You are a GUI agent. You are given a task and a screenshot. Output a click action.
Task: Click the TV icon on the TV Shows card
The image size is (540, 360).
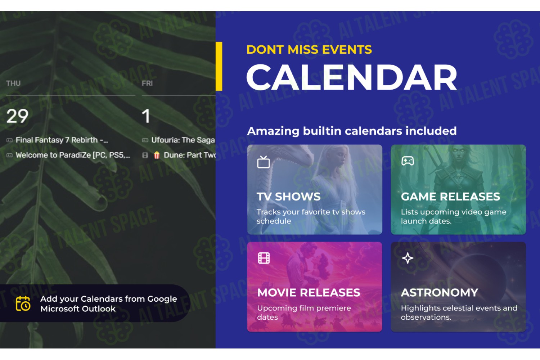[x=263, y=162]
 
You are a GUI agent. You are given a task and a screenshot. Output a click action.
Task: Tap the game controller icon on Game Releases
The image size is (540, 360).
[x=408, y=161]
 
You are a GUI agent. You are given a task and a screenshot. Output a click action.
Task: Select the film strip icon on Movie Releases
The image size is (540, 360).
[x=264, y=258]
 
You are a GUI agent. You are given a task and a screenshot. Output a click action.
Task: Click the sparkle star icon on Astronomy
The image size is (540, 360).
[x=408, y=258]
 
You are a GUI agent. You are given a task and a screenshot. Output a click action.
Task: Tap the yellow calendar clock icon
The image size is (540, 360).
[x=23, y=303]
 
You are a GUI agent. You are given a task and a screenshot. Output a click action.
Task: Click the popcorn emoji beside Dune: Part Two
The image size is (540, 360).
[x=157, y=155]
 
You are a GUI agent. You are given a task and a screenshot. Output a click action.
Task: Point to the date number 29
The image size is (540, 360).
[x=17, y=116]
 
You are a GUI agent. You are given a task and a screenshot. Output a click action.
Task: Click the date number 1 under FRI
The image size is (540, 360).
[x=146, y=116]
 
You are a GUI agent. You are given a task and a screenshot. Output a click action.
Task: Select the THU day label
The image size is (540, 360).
[x=13, y=84]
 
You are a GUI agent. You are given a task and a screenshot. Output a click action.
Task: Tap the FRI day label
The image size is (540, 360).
[x=147, y=84]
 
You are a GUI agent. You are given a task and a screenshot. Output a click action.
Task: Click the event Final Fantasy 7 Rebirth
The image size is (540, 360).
[x=62, y=140]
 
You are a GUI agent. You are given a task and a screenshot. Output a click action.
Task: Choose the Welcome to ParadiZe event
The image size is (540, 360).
[x=73, y=155]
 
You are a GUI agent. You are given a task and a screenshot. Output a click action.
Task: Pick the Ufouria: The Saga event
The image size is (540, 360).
[x=183, y=140]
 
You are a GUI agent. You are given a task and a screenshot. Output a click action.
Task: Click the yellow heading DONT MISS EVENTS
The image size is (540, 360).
[x=309, y=50]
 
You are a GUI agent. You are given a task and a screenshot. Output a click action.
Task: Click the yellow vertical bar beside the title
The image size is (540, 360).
[x=219, y=66]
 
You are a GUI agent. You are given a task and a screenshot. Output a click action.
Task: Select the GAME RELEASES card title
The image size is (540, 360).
[x=450, y=197]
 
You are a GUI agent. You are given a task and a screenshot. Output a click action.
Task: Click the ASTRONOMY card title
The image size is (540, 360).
[x=440, y=292]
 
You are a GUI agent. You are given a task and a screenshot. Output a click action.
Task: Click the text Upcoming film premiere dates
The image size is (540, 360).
[x=304, y=312]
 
